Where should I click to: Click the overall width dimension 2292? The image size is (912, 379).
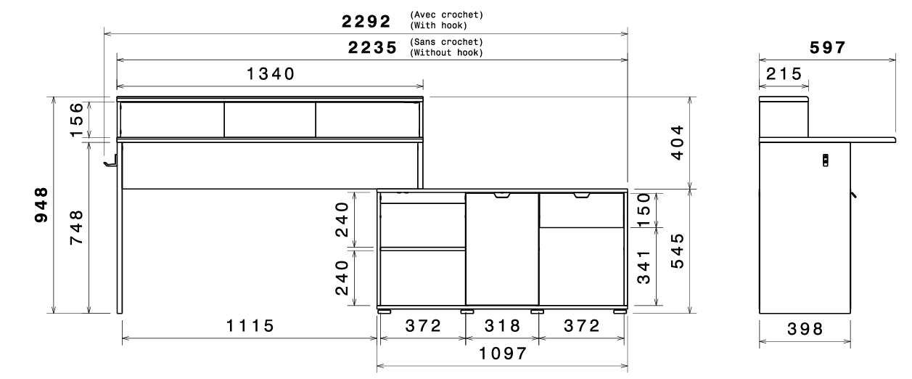pyautogui.click(x=366, y=22)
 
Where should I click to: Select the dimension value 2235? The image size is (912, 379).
pyautogui.click(x=372, y=48)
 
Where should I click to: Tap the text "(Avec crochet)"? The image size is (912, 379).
pyautogui.click(x=446, y=15)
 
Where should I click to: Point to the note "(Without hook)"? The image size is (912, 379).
pyautogui.click(x=446, y=52)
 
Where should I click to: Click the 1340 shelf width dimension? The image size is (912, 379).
pyautogui.click(x=271, y=74)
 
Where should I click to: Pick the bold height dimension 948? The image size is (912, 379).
pyautogui.click(x=41, y=205)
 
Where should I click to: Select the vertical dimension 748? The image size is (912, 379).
pyautogui.click(x=76, y=227)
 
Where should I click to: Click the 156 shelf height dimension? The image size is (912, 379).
pyautogui.click(x=76, y=120)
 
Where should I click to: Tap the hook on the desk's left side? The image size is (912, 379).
pyautogui.click(x=110, y=161)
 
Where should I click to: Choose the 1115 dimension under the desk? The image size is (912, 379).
pyautogui.click(x=250, y=326)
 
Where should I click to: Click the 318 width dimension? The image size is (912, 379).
pyautogui.click(x=502, y=326)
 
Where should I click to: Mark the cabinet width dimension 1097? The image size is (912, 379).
pyautogui.click(x=503, y=354)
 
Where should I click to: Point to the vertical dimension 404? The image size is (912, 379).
pyautogui.click(x=677, y=142)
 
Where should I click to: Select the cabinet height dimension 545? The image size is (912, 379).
pyautogui.click(x=677, y=250)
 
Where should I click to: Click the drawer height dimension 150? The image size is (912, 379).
pyautogui.click(x=644, y=210)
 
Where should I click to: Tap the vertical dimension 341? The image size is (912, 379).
pyautogui.click(x=644, y=267)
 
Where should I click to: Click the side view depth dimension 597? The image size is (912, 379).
pyautogui.click(x=827, y=48)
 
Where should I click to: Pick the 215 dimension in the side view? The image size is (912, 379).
pyautogui.click(x=784, y=74)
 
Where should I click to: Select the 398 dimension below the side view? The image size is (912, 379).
pyautogui.click(x=805, y=329)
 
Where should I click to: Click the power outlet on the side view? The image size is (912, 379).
pyautogui.click(x=826, y=160)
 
